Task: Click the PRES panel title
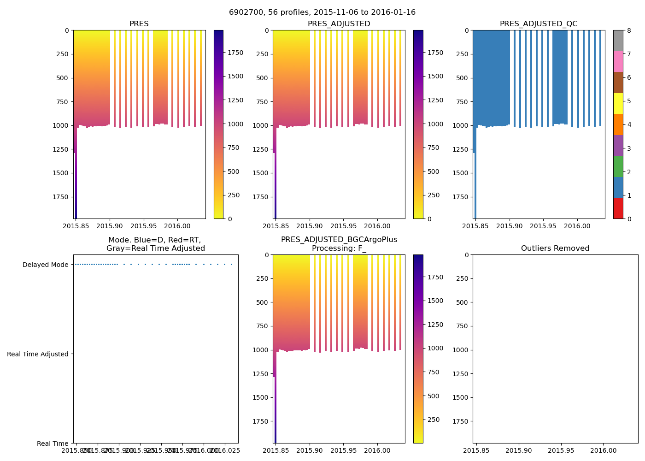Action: pyautogui.click(x=139, y=24)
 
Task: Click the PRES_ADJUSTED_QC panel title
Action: pyautogui.click(x=538, y=24)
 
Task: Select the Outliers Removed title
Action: pyautogui.click(x=555, y=248)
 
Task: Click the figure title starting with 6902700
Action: pyautogui.click(x=322, y=12)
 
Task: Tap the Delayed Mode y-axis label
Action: pyautogui.click(x=45, y=265)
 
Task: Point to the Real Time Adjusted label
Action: pyautogui.click(x=38, y=354)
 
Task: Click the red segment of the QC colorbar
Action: pyautogui.click(x=618, y=208)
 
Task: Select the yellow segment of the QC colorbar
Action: pyautogui.click(x=618, y=103)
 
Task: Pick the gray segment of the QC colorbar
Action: pyautogui.click(x=618, y=41)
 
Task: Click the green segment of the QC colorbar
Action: pyautogui.click(x=618, y=166)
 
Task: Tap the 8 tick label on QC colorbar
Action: pyautogui.click(x=629, y=30)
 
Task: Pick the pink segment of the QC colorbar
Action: pyautogui.click(x=618, y=61)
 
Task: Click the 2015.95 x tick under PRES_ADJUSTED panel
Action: pyautogui.click(x=344, y=226)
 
